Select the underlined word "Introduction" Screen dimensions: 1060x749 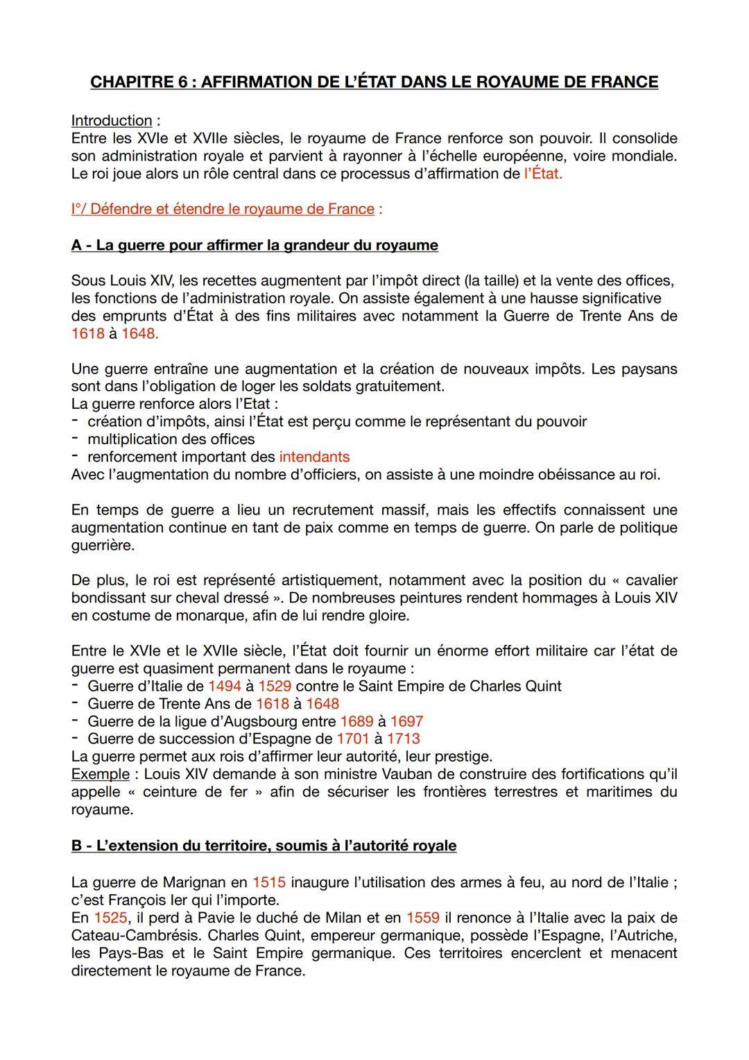[111, 120]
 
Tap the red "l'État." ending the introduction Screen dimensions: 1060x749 [543, 174]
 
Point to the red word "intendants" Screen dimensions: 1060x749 [314, 457]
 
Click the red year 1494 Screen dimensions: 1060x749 [224, 687]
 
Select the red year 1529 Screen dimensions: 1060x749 [275, 687]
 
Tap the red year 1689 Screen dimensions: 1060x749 [356, 722]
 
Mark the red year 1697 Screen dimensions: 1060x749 [406, 722]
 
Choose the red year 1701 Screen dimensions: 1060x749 [353, 739]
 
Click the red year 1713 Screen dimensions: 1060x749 [403, 739]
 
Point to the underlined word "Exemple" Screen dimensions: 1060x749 [100, 774]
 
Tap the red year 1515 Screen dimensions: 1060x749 [269, 882]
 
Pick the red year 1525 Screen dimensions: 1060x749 [110, 918]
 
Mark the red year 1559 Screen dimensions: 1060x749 [423, 918]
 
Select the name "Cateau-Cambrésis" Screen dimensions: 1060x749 [135, 935]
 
